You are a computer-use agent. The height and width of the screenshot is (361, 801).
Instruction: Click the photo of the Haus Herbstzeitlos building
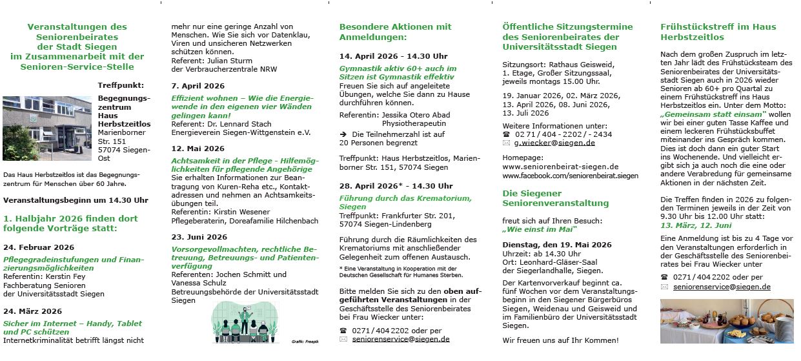pos(47,128)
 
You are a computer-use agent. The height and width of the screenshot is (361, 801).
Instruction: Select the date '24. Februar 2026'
pos(39,247)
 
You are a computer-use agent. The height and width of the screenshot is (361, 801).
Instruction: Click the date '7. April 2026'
pos(198,86)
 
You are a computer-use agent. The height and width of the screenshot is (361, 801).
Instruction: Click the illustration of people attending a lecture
pos(245,321)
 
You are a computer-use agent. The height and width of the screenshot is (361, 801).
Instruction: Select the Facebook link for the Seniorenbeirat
pos(570,176)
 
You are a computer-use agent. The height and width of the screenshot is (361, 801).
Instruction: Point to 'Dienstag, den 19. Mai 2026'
pos(556,245)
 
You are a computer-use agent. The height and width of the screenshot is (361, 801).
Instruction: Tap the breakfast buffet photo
pos(726,321)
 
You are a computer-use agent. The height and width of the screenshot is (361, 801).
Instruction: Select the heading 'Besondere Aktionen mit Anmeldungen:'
pos(395,32)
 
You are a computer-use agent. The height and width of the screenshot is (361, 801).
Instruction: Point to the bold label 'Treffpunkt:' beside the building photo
pos(121,85)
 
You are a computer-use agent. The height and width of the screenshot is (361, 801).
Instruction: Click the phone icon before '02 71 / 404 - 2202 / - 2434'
pos(507,134)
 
